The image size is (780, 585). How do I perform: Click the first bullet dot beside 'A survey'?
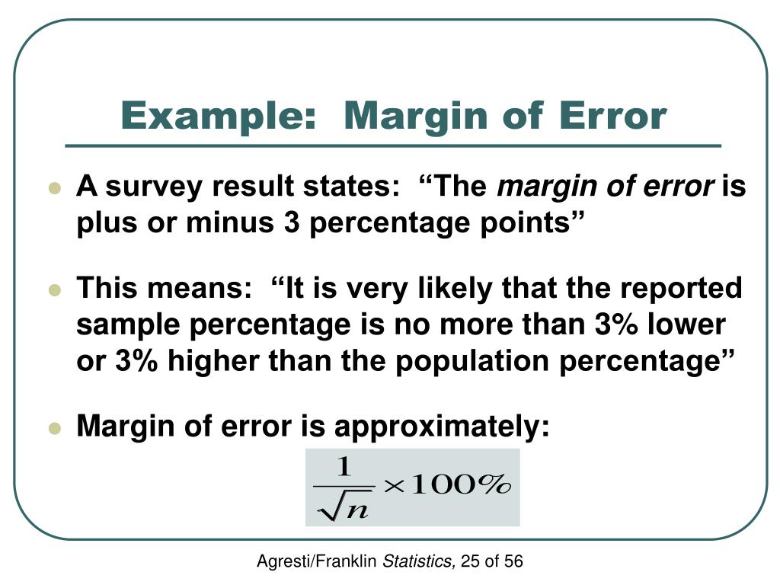[x=53, y=188]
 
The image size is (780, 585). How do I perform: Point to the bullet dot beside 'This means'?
[x=53, y=290]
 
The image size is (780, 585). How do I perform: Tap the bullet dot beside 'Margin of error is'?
[x=53, y=428]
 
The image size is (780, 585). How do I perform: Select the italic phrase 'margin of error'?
[x=606, y=187]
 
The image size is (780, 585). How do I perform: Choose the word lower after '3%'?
[x=688, y=325]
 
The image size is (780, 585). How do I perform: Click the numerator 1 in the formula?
[x=344, y=465]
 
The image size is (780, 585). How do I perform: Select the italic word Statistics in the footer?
[x=417, y=562]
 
